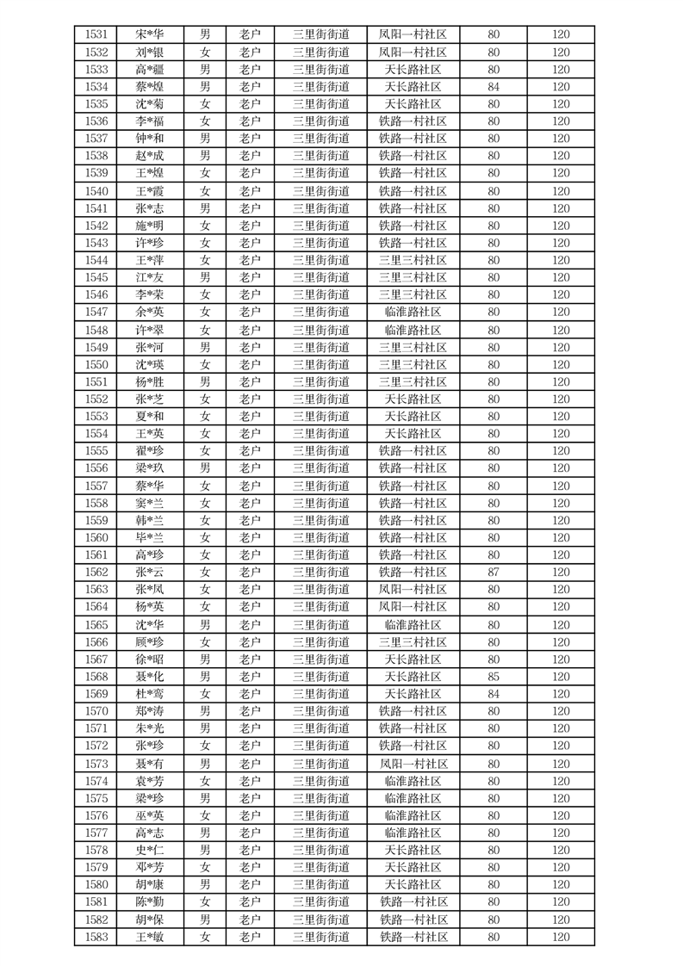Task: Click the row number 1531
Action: point(96,35)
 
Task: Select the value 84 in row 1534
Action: point(494,87)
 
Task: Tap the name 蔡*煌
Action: point(150,87)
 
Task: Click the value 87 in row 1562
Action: point(494,573)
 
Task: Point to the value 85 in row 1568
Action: point(494,677)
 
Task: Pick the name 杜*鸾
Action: point(150,694)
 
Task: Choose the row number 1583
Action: point(96,937)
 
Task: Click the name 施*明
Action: point(150,226)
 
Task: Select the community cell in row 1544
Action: point(413,260)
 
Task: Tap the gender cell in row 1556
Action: point(205,468)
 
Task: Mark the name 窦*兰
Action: point(150,503)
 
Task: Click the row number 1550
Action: point(96,364)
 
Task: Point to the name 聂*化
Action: point(150,677)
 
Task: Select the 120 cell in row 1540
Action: point(561,191)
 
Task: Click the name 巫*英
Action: point(150,815)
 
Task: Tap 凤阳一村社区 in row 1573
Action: point(413,764)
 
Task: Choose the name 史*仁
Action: point(150,850)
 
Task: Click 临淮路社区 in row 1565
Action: point(413,625)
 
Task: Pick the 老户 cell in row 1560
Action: point(250,537)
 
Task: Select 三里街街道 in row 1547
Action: point(320,312)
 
